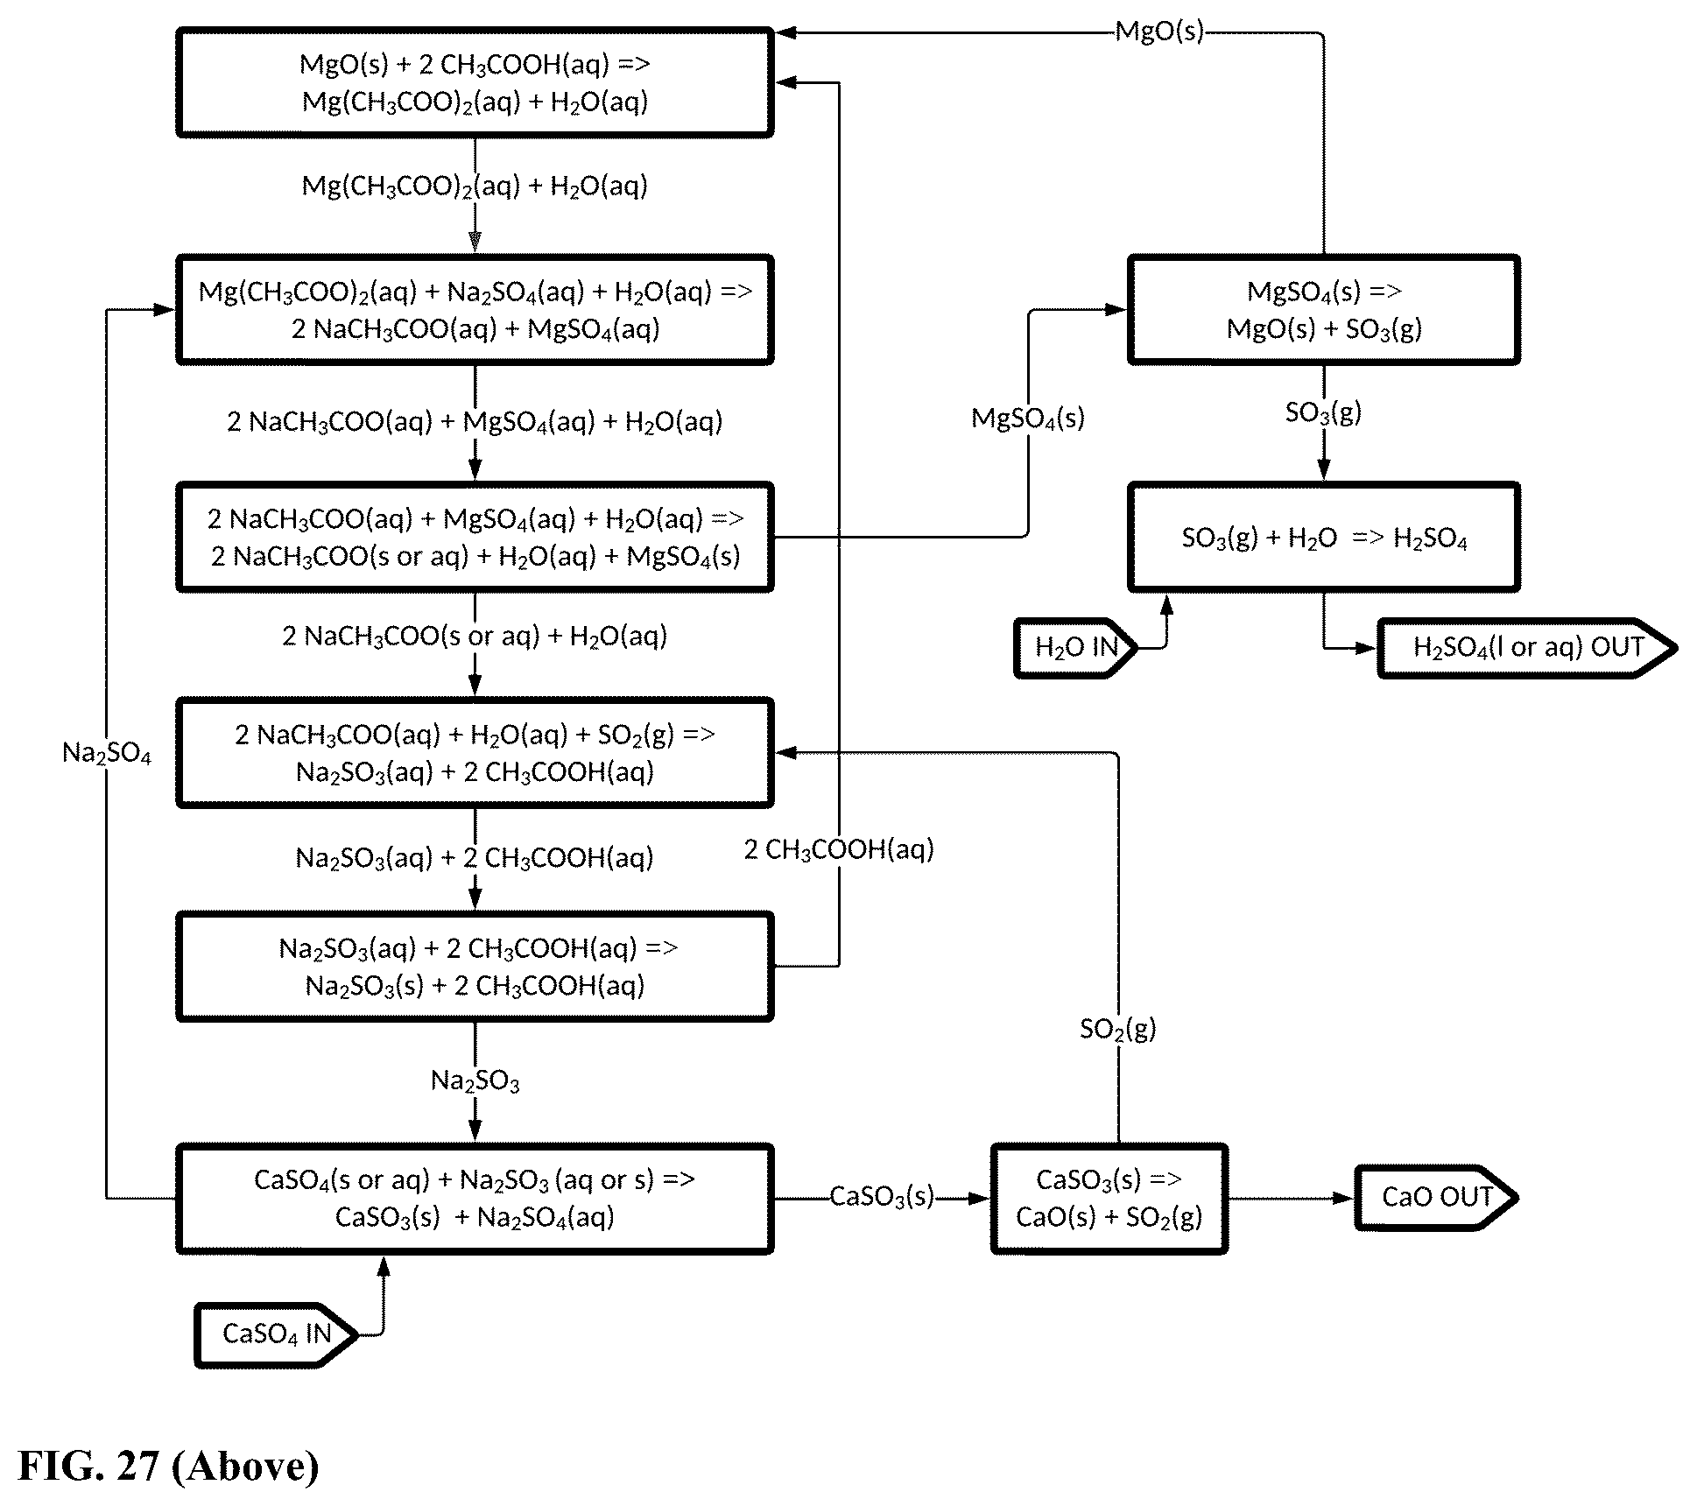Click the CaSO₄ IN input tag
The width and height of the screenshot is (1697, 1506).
(276, 1334)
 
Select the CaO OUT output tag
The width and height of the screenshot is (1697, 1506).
(1436, 1197)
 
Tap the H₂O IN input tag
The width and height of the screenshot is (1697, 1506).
(1076, 648)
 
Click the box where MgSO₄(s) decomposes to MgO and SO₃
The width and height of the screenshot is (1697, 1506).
(1323, 309)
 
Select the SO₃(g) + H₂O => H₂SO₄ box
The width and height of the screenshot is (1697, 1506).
(1323, 537)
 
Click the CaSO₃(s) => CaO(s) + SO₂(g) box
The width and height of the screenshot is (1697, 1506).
(1109, 1198)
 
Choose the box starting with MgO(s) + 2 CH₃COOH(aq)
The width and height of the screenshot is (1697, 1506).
(475, 82)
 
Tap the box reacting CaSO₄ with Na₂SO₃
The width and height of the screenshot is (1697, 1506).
(475, 1198)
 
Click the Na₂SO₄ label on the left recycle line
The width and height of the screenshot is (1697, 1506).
(107, 753)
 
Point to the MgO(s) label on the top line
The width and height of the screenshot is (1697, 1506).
(1159, 32)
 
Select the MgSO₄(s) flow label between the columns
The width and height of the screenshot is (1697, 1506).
(1028, 419)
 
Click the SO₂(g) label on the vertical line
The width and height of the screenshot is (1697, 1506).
(1118, 1029)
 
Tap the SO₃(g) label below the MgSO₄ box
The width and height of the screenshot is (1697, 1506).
(1323, 412)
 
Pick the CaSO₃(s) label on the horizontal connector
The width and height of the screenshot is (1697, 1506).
(882, 1197)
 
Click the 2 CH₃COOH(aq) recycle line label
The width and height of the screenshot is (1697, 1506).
(839, 849)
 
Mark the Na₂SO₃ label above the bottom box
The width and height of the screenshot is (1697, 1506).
(475, 1081)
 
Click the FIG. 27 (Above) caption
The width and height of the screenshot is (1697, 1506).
(168, 1466)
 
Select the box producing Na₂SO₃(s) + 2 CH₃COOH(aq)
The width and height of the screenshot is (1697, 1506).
(475, 967)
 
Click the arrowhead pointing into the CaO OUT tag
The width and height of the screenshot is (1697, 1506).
(1344, 1198)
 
